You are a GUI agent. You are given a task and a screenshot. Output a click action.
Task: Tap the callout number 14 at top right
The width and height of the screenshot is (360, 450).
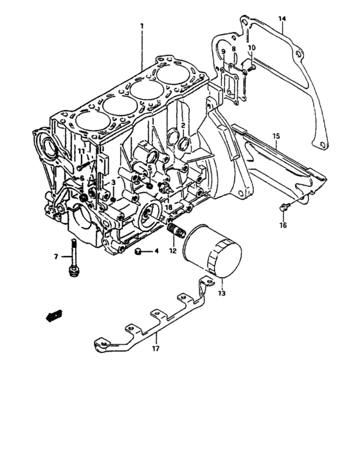[x=282, y=19]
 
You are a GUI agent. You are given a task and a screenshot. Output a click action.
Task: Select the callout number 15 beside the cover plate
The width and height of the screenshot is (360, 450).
[x=275, y=136]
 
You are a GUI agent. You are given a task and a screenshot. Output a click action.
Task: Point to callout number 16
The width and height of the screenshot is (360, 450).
[x=283, y=225]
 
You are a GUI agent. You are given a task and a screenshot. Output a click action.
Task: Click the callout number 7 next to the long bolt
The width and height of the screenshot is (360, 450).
[x=56, y=256]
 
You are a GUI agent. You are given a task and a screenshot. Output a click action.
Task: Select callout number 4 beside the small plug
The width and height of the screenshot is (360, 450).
[x=155, y=251]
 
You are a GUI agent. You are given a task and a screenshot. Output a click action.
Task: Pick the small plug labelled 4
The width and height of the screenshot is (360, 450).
[x=138, y=251]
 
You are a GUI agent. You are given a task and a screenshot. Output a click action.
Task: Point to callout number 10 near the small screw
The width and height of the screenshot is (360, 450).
[x=251, y=48]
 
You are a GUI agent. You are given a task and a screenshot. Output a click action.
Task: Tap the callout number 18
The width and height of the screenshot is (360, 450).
[x=168, y=207]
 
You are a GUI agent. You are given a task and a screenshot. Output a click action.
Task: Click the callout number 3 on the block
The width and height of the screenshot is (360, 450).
[x=113, y=183]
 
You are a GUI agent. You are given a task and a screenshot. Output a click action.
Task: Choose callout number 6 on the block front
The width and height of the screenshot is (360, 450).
[x=82, y=178]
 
